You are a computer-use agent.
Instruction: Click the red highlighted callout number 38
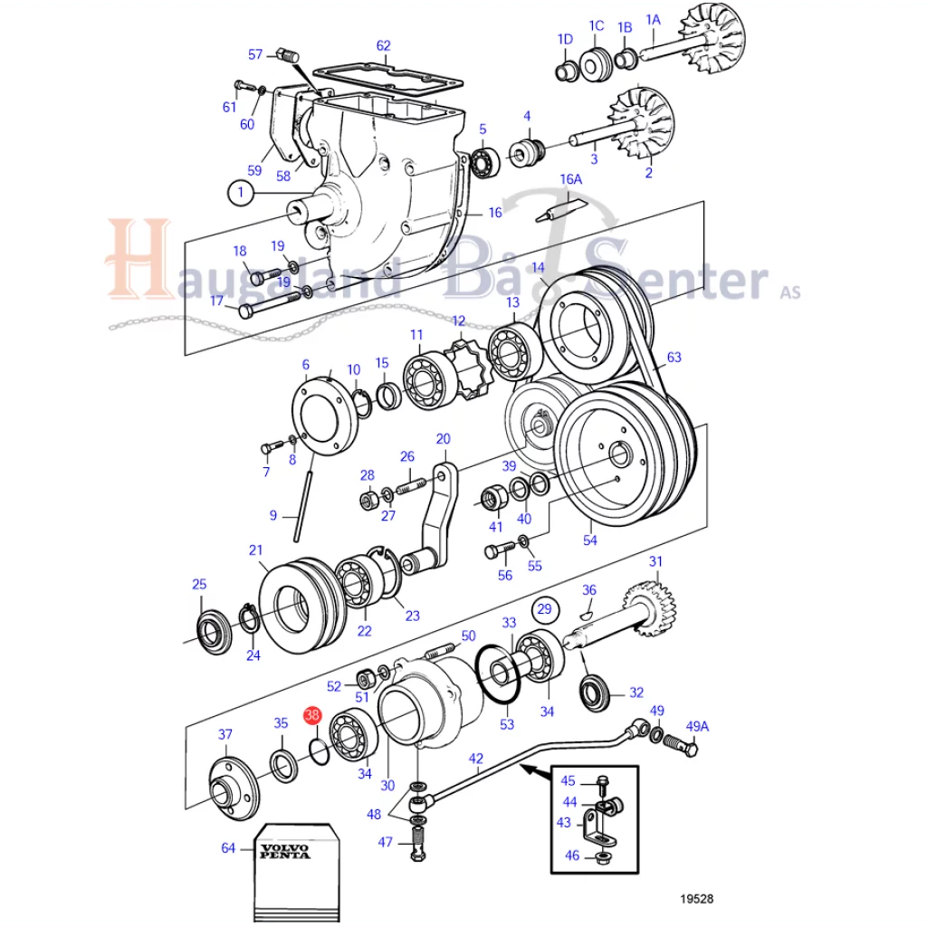coord(312,715)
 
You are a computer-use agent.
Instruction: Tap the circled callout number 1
coord(240,193)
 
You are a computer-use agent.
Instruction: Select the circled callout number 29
coord(544,609)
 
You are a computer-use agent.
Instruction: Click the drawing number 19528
coord(696,899)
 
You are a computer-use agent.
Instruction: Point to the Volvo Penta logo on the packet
coord(285,851)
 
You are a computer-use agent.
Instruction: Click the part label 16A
coord(571,179)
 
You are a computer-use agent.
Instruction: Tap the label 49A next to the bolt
coord(697,726)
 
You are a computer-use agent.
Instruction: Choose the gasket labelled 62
coord(387,81)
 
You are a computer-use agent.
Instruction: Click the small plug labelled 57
coord(287,56)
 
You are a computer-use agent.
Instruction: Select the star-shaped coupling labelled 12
coord(467,368)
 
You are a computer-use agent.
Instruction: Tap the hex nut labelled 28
coord(369,500)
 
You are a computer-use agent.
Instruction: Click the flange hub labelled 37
coord(234,788)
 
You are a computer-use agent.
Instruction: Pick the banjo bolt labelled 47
coord(418,843)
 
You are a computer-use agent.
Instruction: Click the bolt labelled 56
coord(500,550)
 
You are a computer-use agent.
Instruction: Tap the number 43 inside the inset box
coord(563,822)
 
